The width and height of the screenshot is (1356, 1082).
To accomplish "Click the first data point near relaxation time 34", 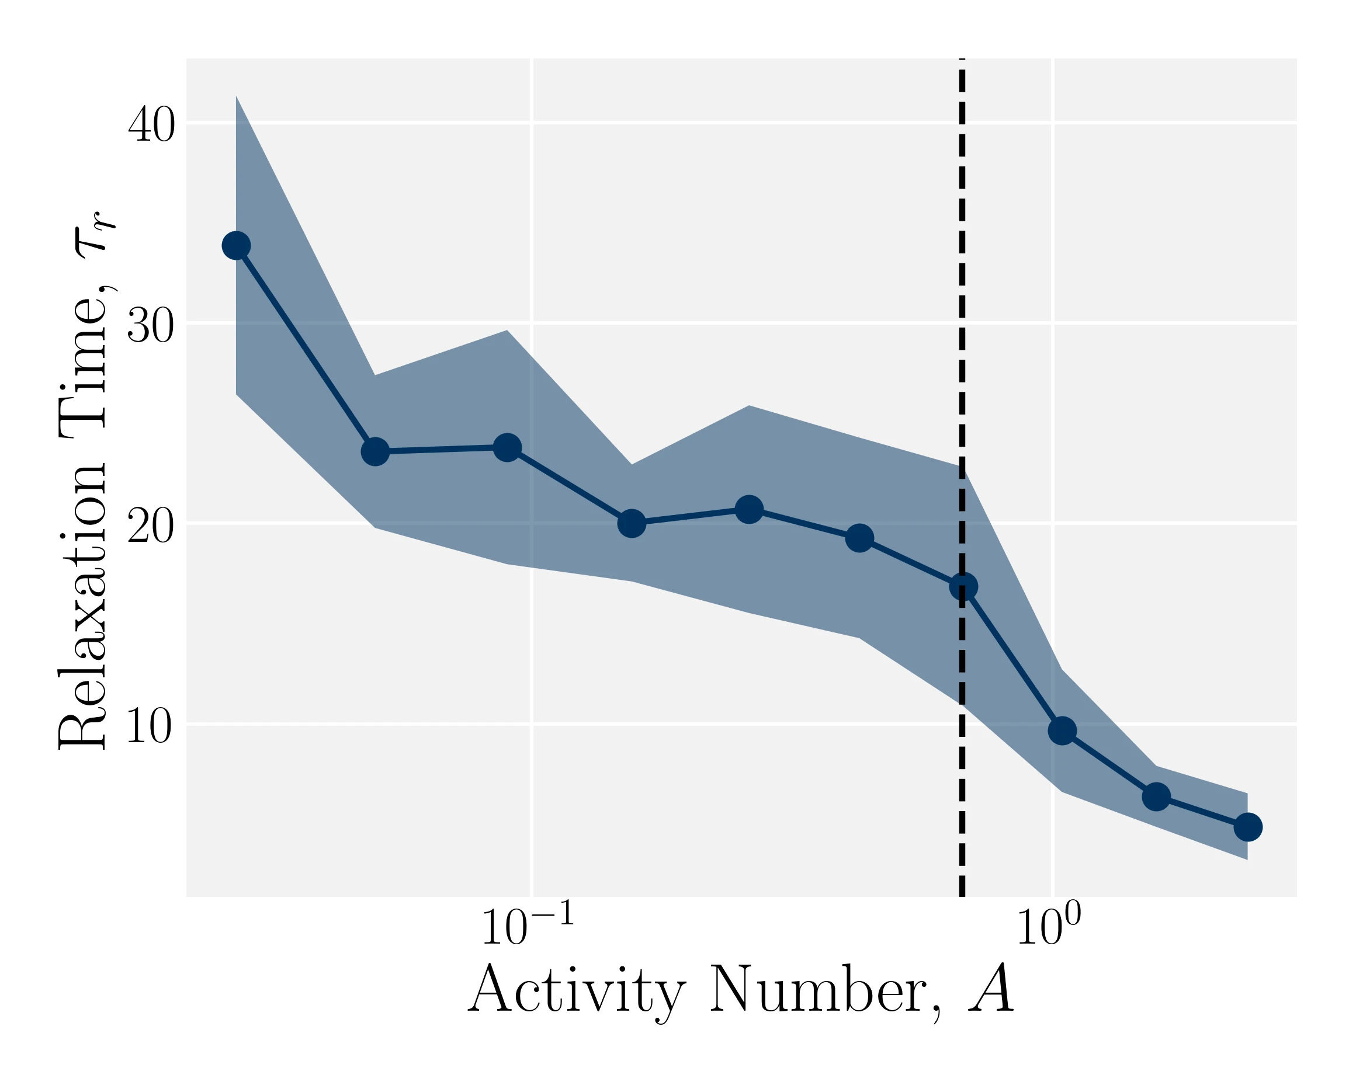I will coord(237,245).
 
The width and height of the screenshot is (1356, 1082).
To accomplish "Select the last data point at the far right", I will coord(1248,827).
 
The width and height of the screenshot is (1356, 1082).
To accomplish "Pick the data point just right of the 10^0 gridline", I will coord(1062,730).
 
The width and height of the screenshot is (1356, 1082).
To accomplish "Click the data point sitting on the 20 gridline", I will coord(632,523).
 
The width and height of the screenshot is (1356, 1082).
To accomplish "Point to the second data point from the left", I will coord(376,451).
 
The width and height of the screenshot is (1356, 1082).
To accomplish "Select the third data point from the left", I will coord(508,448).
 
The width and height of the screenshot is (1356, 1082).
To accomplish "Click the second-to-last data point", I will coord(1156,796).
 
